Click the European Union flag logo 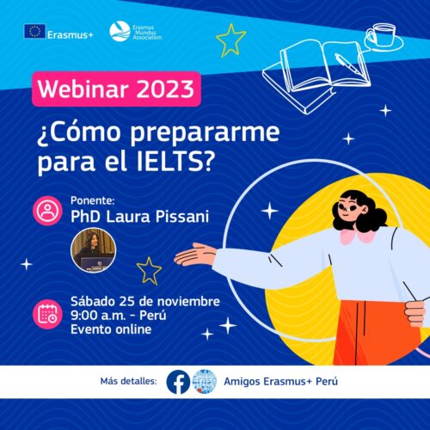pyautogui.click(x=34, y=31)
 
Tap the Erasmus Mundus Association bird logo pyautogui.click(x=120, y=31)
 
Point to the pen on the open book pyautogui.click(x=349, y=64)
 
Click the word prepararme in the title pyautogui.click(x=206, y=132)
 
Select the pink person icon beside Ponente pyautogui.click(x=47, y=211)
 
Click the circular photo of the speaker pyautogui.click(x=94, y=250)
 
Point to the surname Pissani pyautogui.click(x=182, y=217)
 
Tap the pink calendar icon pyautogui.click(x=47, y=314)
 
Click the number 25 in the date pyautogui.click(x=127, y=302)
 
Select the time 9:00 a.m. pyautogui.click(x=98, y=316)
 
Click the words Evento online pyautogui.click(x=111, y=329)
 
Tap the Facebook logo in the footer pyautogui.click(x=178, y=382)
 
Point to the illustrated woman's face pyautogui.click(x=350, y=209)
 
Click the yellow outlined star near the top pyautogui.click(x=231, y=40)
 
